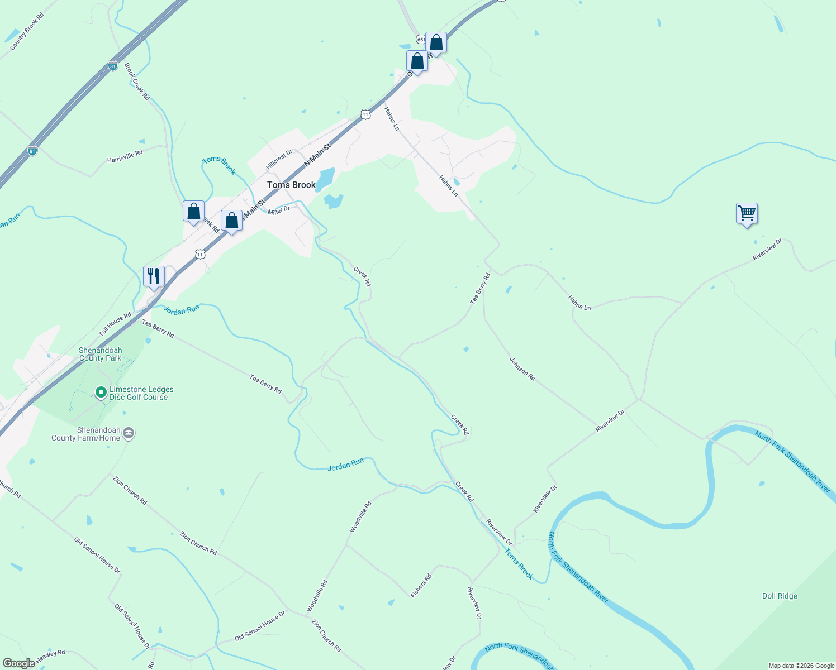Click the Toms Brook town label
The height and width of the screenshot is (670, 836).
(291, 185)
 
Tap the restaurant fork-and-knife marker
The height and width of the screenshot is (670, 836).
(154, 276)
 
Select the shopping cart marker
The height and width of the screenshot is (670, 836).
(747, 213)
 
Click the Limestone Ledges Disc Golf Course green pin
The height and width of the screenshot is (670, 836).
(101, 393)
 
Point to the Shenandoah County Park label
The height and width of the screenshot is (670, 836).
(101, 355)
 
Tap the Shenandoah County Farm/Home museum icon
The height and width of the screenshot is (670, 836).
(129, 434)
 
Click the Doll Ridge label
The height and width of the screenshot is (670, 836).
(780, 596)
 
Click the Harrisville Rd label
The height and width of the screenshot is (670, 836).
(125, 156)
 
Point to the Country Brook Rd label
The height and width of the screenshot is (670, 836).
(27, 31)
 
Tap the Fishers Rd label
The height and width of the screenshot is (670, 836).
(421, 586)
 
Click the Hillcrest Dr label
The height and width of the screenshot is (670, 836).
(279, 160)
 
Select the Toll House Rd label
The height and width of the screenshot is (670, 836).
(115, 324)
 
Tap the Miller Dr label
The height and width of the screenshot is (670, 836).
(279, 210)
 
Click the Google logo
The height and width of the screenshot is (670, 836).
(18, 663)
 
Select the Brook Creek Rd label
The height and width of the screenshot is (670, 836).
(137, 82)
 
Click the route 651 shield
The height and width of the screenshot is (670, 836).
(420, 40)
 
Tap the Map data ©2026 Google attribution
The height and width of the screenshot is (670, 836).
(801, 666)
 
